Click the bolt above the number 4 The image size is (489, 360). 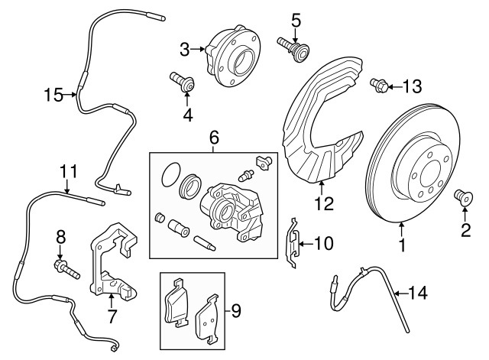coord(183,82)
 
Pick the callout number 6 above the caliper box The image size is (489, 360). coord(214,138)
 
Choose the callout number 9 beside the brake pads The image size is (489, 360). coord(236,311)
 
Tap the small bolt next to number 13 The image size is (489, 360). coord(377,86)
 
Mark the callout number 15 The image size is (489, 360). coord(53,95)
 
